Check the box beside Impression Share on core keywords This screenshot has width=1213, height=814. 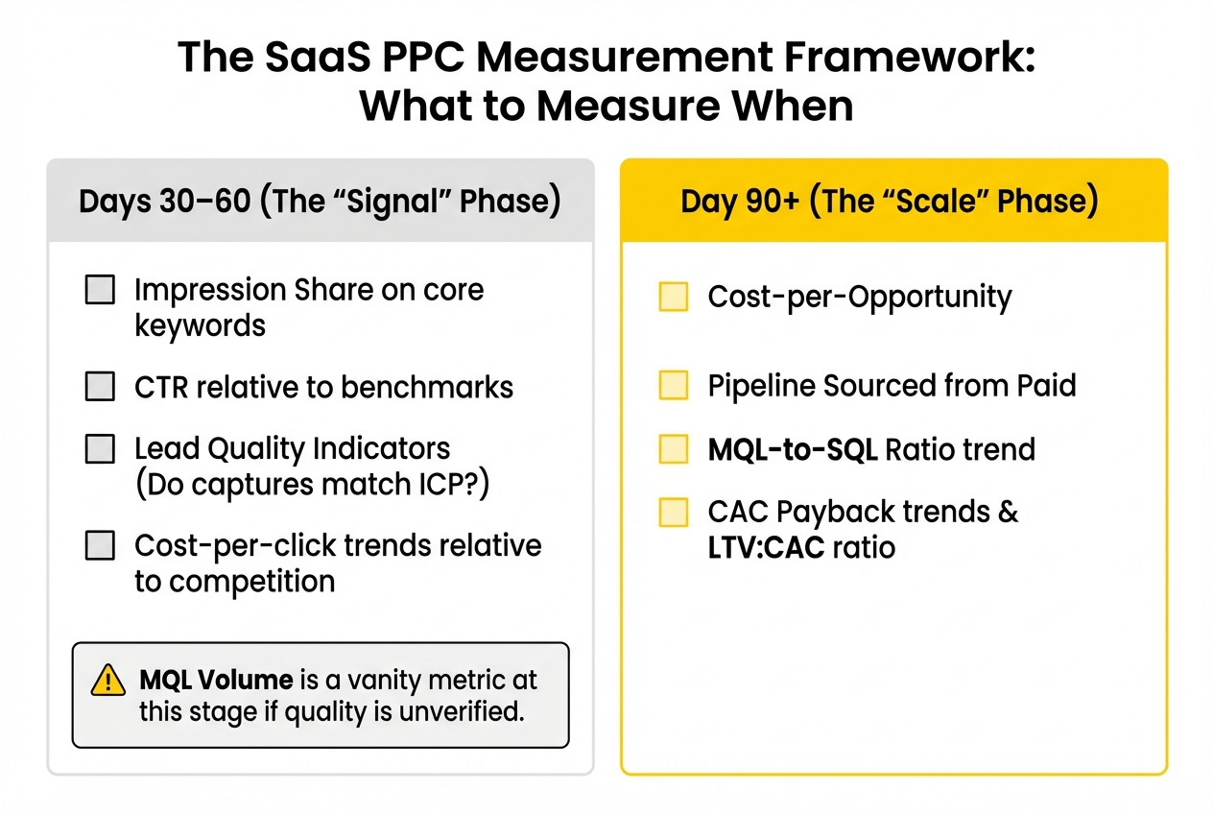(x=100, y=289)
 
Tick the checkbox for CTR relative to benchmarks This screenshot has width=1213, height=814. (x=100, y=387)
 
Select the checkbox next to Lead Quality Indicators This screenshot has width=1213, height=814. (x=100, y=448)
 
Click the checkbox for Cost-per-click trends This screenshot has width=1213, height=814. (x=100, y=545)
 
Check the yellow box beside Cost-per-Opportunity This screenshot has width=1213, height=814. (x=674, y=297)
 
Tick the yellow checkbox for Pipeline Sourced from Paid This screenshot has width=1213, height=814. (x=674, y=386)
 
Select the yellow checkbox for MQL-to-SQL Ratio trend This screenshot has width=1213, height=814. (x=674, y=449)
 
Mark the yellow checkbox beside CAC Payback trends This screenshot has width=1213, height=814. (x=674, y=513)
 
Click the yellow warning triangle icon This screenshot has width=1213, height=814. (x=108, y=681)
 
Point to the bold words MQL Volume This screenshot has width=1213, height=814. (x=216, y=680)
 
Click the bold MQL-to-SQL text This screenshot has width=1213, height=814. (x=792, y=449)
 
